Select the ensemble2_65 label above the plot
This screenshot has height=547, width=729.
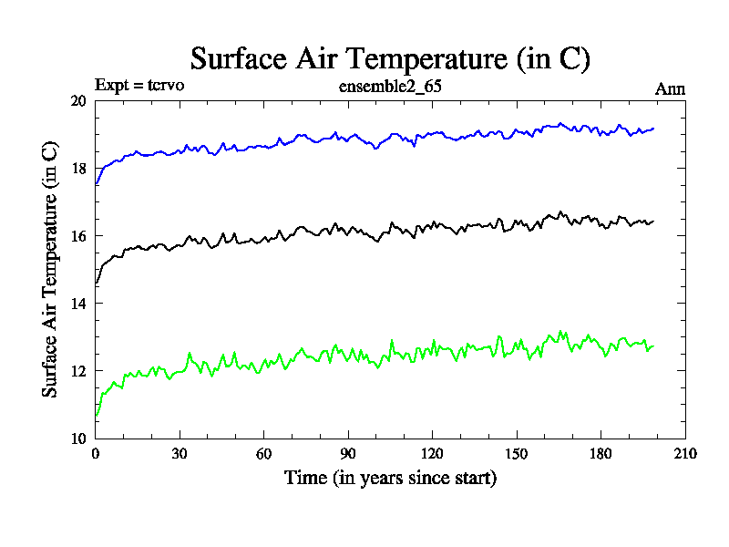pos(390,88)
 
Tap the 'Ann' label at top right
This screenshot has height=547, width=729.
pos(670,88)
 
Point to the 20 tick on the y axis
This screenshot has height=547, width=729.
pos(78,101)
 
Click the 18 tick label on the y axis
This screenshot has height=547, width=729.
pos(78,169)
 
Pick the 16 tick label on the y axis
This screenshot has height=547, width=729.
pos(78,236)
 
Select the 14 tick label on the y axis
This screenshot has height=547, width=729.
pos(78,304)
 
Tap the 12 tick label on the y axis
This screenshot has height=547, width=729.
pos(78,371)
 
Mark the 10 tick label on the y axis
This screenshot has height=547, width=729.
pos(78,439)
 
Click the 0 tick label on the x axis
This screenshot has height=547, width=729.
pos(96,453)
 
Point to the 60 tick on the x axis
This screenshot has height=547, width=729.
pos(263,453)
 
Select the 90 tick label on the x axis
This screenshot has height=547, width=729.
pos(348,453)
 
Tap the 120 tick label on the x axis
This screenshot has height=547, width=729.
pos(432,453)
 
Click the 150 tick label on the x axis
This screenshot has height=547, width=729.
pos(516,453)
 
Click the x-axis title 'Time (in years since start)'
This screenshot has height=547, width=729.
pos(390,478)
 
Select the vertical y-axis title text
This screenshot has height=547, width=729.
pos(51,269)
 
